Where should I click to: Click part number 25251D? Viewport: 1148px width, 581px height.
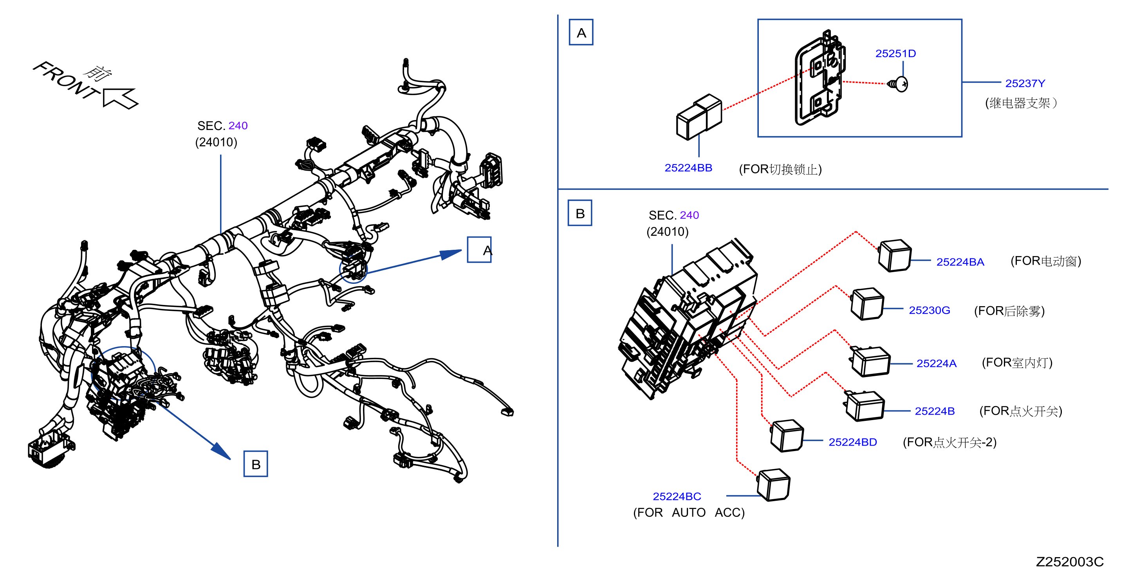pos(895,54)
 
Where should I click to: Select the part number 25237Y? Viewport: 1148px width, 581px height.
pos(1025,83)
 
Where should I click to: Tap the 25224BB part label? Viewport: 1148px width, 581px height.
pos(688,168)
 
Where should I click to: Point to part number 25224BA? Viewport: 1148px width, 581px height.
pos(960,262)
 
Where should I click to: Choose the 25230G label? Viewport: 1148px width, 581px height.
pos(929,310)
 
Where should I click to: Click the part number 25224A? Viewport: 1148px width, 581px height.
pos(936,364)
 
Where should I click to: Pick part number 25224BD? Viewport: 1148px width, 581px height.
pos(852,442)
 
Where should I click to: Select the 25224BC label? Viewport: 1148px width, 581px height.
pos(677,496)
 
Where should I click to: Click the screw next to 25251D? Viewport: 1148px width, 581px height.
pos(897,84)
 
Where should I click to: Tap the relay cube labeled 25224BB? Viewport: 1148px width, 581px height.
pos(699,117)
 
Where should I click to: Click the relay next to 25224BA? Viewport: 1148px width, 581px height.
pos(894,255)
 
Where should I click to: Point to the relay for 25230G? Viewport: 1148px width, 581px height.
pos(867,304)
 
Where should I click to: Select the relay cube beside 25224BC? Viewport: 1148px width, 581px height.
pos(773,485)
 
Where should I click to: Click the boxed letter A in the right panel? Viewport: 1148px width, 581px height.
pos(581,32)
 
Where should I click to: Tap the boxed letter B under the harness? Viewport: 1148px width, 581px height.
pos(256,464)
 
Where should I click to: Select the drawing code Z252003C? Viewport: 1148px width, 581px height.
pos(1070,562)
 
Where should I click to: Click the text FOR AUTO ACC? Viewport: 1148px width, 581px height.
pos(689,513)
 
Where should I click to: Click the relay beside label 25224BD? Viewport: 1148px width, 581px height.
pos(787,436)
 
